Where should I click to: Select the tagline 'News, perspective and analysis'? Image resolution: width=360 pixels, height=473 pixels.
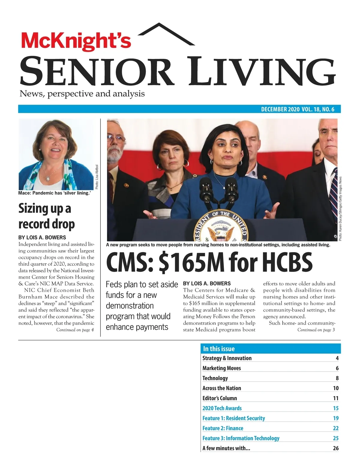tap(82, 94)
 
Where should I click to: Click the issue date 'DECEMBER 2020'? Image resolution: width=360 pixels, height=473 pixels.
tap(280, 109)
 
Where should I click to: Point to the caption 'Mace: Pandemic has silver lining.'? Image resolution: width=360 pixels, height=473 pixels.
tap(55, 193)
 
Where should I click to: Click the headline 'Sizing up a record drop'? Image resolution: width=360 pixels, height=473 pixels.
tap(46, 216)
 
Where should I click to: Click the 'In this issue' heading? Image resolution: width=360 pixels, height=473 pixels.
tap(219, 349)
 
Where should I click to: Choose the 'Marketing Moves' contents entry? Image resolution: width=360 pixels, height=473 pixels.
tap(222, 368)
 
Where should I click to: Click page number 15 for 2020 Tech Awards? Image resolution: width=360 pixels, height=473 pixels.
tap(336, 408)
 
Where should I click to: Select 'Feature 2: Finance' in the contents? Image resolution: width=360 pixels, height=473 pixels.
tap(223, 428)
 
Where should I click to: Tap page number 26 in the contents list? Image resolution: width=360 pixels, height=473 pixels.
tap(336, 448)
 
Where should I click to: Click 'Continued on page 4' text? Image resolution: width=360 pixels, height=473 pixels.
tap(75, 330)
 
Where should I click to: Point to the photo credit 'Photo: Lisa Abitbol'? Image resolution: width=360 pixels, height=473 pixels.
tap(97, 177)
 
